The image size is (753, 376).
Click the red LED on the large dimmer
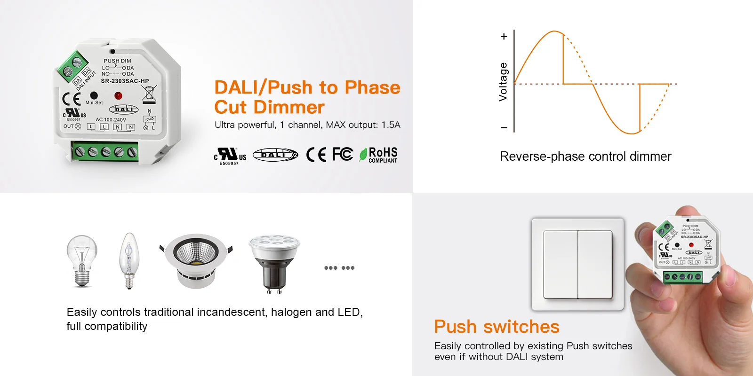click(x=118, y=96)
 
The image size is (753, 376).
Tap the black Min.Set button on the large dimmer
click(x=94, y=95)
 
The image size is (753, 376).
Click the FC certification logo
click(x=342, y=154)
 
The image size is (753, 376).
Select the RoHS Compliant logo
click(x=378, y=155)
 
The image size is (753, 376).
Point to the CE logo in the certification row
click(x=316, y=154)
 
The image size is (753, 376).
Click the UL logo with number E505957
click(x=230, y=156)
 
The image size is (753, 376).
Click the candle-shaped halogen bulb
click(x=128, y=260)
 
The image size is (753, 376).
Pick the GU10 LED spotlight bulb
click(x=274, y=264)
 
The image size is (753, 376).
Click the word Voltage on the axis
click(x=503, y=82)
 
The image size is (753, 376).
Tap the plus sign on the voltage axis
click(x=504, y=37)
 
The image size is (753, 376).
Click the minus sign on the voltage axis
click(x=504, y=127)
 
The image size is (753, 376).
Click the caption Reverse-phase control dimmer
click(x=585, y=157)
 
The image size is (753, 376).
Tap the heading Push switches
click(x=497, y=327)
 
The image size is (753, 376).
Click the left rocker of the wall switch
click(x=561, y=264)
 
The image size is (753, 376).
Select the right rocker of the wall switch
click(x=595, y=264)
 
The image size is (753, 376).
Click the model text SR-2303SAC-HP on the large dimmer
click(x=125, y=81)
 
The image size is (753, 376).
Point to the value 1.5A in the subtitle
click(x=391, y=125)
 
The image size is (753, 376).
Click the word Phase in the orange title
click(x=372, y=87)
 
